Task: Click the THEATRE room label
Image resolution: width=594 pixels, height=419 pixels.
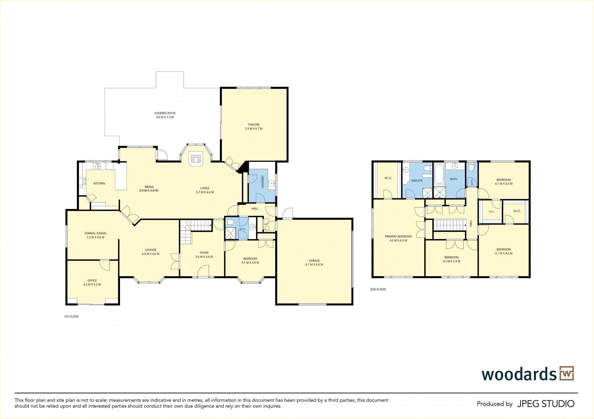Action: (x=254, y=125)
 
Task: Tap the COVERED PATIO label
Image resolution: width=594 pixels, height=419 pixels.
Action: (x=165, y=113)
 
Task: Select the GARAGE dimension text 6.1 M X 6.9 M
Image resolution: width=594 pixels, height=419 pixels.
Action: (x=314, y=264)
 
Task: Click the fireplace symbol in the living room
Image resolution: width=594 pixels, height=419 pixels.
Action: (x=196, y=159)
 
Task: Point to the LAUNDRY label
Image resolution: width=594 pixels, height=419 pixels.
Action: (x=263, y=182)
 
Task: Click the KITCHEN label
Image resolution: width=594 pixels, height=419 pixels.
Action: (x=99, y=183)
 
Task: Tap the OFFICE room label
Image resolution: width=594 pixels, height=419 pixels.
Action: (x=92, y=280)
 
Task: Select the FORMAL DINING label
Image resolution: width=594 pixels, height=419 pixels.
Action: (x=95, y=233)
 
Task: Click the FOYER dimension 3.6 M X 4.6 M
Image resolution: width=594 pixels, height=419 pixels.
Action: (x=204, y=257)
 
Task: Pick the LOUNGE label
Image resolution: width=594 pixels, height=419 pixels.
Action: (x=151, y=250)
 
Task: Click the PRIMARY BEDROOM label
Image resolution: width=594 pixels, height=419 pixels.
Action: (x=398, y=237)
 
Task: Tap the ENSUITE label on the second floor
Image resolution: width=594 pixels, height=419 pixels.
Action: (x=417, y=180)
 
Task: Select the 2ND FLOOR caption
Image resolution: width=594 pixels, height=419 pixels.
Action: (x=378, y=289)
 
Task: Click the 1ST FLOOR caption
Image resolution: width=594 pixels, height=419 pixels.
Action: (x=71, y=317)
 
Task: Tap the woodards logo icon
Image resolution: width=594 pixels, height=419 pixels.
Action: (x=567, y=373)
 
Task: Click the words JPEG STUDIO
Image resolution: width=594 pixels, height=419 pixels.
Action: (x=546, y=404)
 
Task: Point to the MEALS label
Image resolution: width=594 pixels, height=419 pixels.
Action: (x=149, y=187)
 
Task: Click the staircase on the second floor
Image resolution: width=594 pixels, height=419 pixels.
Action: (x=449, y=225)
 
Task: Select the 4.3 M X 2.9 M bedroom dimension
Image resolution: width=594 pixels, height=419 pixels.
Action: (x=451, y=261)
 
